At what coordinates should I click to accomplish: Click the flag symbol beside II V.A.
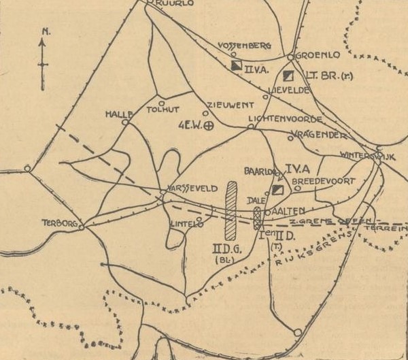click(x=236, y=65)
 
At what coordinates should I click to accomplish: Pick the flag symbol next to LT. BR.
click(x=289, y=75)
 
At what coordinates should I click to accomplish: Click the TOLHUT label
click(x=163, y=107)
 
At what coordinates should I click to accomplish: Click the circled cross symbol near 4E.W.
click(x=209, y=125)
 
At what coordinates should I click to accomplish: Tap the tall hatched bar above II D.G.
click(x=231, y=209)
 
